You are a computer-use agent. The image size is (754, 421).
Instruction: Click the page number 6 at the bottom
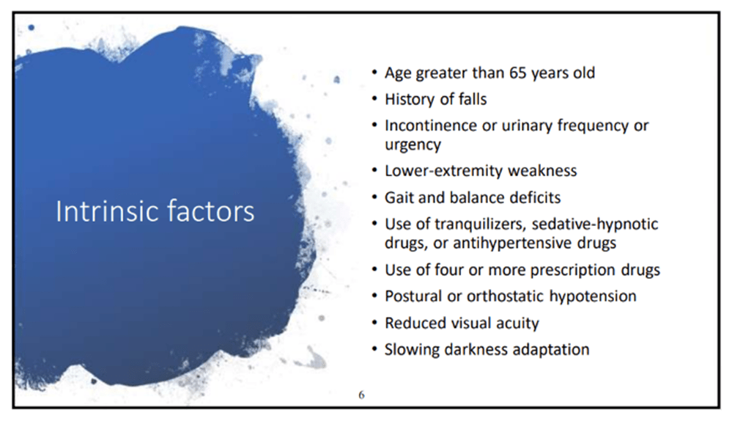click(362, 395)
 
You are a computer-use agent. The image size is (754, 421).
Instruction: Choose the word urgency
click(413, 144)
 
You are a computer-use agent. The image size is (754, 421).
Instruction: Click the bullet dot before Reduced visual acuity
click(374, 323)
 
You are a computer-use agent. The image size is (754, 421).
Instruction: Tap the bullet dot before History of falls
click(374, 98)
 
